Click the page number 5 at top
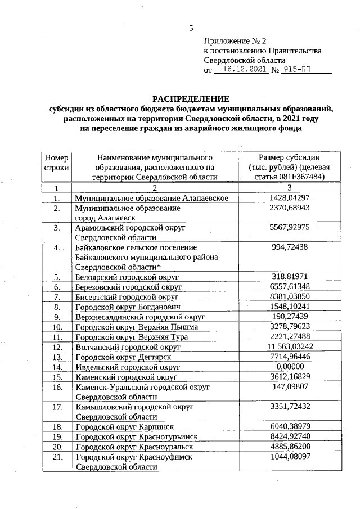pos(191,28)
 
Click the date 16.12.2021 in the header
pos(242,70)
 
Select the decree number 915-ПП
pos(297,70)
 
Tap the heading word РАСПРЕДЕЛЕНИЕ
pos(191,98)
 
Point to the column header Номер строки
pos(56,162)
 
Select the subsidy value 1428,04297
pos(289,198)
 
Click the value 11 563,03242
pos(289,347)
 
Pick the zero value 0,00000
pos(289,367)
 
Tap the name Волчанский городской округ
pos(128,348)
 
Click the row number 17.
pos(56,406)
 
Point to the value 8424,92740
pos(289,436)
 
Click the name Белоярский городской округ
pos(127,277)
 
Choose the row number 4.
pos(56,247)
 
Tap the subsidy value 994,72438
pos(289,247)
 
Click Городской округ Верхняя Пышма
pos(137,327)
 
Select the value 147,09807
pos(289,387)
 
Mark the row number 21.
pos(56,457)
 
